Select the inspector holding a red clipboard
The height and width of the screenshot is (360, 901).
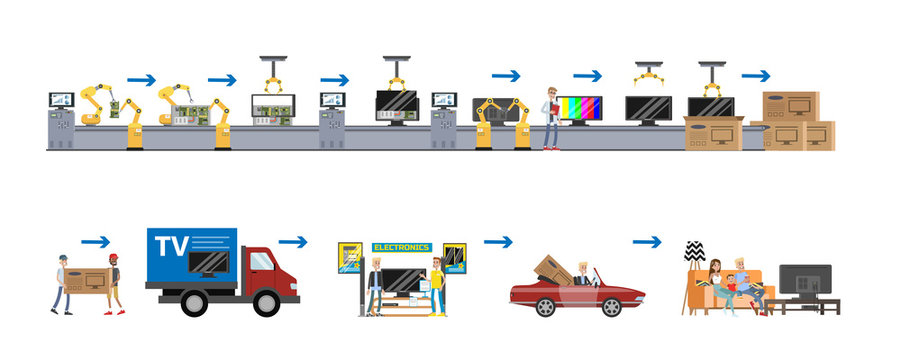pos(549,119)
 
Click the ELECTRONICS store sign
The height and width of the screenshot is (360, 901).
pos(401,247)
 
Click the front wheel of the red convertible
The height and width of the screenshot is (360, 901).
pos(612,304)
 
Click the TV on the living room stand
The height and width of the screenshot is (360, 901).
pos(805,281)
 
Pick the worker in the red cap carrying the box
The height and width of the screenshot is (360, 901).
pos(115,285)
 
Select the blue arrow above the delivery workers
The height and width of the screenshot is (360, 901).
pos(96,241)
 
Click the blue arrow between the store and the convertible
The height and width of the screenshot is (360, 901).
pos(497,241)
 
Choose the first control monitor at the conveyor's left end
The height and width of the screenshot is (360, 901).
pos(61,101)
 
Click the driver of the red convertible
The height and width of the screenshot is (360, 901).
pos(582,275)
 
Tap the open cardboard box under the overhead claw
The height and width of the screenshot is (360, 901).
pos(713,133)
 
